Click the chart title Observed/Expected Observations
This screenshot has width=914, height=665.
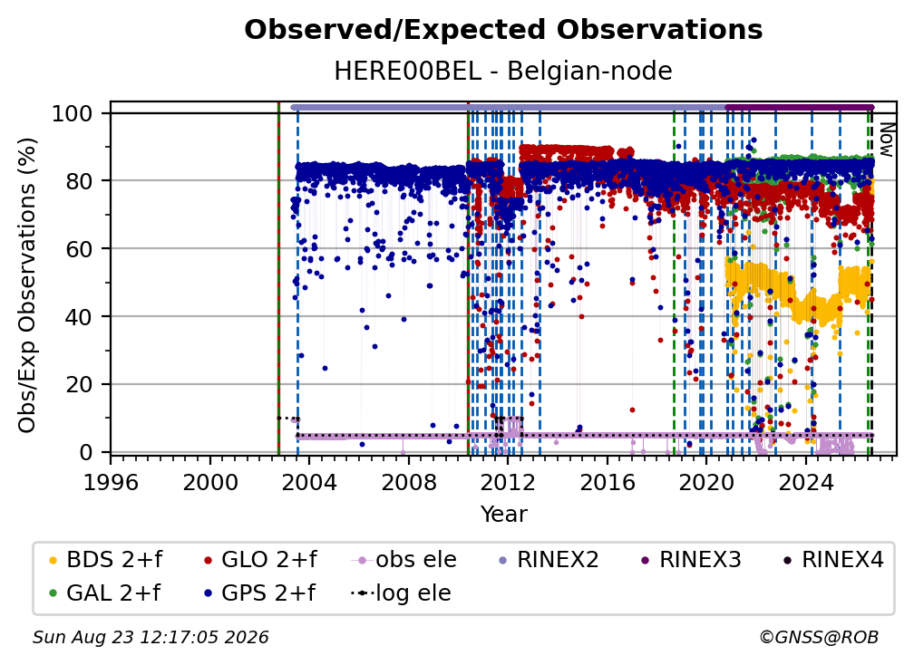[x=503, y=30]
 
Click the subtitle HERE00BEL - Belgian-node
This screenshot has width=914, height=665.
[x=503, y=71]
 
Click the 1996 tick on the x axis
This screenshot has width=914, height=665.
[x=111, y=483]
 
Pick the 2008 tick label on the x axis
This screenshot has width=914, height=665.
[x=409, y=483]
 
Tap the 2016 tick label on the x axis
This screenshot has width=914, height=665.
[x=608, y=483]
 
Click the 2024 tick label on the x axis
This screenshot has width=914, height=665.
[x=805, y=483]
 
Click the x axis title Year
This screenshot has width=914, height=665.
[x=503, y=515]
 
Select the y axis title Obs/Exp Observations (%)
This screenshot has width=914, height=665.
[x=27, y=285]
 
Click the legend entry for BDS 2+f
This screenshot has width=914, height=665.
[x=105, y=560]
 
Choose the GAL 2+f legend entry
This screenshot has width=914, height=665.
[x=104, y=593]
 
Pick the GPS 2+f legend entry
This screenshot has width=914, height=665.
[x=258, y=593]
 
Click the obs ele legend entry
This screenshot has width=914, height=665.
[x=404, y=560]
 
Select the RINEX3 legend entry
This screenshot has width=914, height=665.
[x=691, y=560]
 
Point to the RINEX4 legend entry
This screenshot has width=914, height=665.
[x=833, y=560]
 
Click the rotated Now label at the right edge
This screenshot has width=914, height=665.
[x=886, y=140]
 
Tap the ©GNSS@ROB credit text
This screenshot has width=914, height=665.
[x=819, y=638]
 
